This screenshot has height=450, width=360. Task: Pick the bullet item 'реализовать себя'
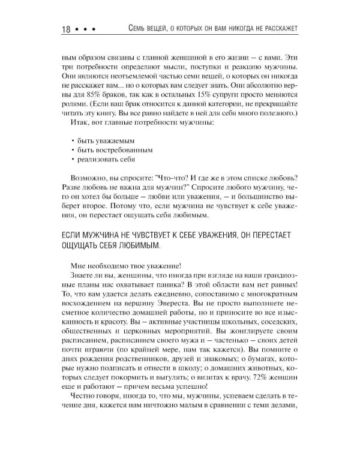click(x=106, y=160)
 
